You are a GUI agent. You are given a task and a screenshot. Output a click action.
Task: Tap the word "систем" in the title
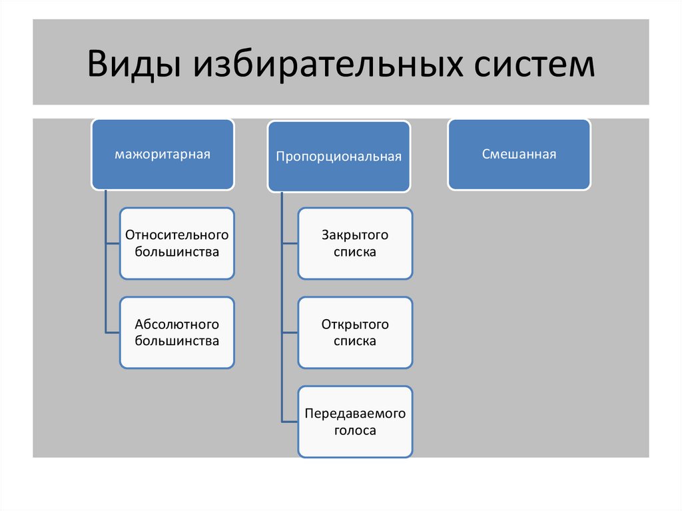[525, 65]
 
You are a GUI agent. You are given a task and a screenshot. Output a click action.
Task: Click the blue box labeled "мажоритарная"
[163, 155]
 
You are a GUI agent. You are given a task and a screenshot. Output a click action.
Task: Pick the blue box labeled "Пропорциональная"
[339, 157]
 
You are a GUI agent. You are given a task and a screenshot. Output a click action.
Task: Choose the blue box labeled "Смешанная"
[519, 155]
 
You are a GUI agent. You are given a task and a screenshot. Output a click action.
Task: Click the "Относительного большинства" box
[176, 243]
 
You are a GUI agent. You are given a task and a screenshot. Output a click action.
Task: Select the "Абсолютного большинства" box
[176, 332]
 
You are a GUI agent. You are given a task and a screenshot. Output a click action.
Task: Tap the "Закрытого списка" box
[355, 243]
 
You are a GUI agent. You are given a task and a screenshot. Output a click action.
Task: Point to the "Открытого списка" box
[355, 332]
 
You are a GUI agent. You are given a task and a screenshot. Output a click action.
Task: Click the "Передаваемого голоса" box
[355, 422]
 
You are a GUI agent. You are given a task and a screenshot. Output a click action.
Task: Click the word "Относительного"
[176, 235]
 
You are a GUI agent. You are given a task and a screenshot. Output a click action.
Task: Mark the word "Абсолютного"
[176, 324]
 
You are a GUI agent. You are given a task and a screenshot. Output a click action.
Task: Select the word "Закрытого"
[355, 235]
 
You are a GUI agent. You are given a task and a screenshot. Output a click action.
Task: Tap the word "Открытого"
[355, 324]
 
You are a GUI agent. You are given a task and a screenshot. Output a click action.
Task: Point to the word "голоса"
[355, 430]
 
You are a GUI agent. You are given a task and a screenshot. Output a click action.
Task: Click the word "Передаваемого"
[355, 414]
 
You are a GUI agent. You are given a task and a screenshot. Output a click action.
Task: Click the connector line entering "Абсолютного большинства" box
[113, 332]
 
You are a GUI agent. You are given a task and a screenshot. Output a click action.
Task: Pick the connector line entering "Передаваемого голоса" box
[290, 422]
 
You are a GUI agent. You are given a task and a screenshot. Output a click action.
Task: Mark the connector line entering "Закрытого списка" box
[290, 243]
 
